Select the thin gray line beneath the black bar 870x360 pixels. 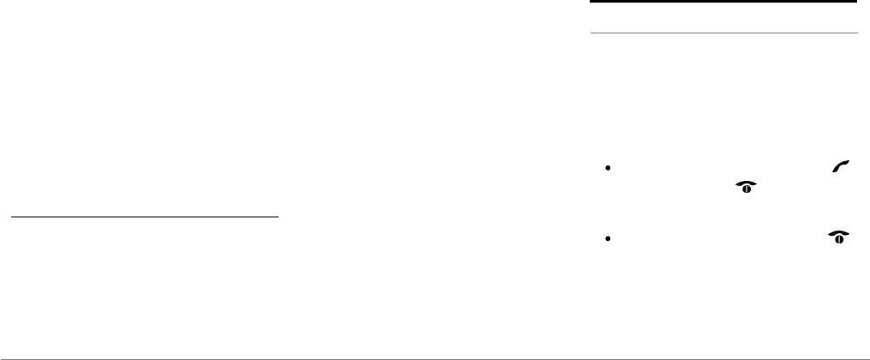(723, 33)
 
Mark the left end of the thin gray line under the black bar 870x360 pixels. (591, 33)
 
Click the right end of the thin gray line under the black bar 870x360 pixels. (856, 33)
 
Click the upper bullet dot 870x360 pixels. (606, 169)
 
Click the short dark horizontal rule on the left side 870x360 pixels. (144, 217)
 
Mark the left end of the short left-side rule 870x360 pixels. (10, 217)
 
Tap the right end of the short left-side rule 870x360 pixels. (279, 217)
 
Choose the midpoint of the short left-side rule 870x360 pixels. (144, 217)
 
